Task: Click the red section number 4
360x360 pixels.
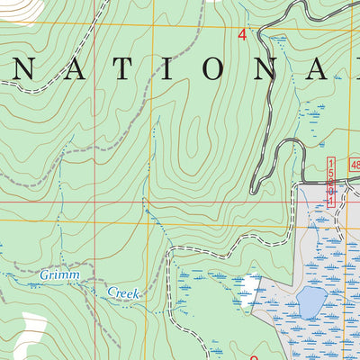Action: [242, 35]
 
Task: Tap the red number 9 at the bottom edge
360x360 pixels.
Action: [254, 356]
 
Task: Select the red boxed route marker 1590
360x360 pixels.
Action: [330, 181]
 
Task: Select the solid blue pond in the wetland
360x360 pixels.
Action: [310, 302]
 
